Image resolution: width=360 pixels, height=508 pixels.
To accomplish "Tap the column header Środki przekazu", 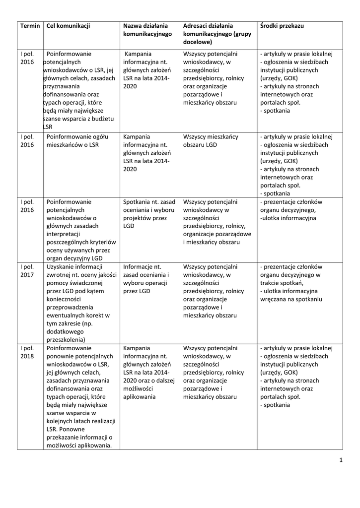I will tap(282, 26).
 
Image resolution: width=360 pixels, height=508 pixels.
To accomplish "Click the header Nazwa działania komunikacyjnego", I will tap(145, 30).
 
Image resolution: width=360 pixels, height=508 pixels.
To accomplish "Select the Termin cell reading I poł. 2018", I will tap(27, 352).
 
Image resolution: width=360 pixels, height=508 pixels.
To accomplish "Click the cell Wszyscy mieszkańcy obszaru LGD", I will tap(211, 140).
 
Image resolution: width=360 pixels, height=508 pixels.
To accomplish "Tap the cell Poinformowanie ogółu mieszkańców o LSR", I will tap(80, 140).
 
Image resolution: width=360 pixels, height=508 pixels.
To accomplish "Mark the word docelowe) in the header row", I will tap(198, 42).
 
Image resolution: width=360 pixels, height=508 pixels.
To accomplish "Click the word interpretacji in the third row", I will tap(67, 234).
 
